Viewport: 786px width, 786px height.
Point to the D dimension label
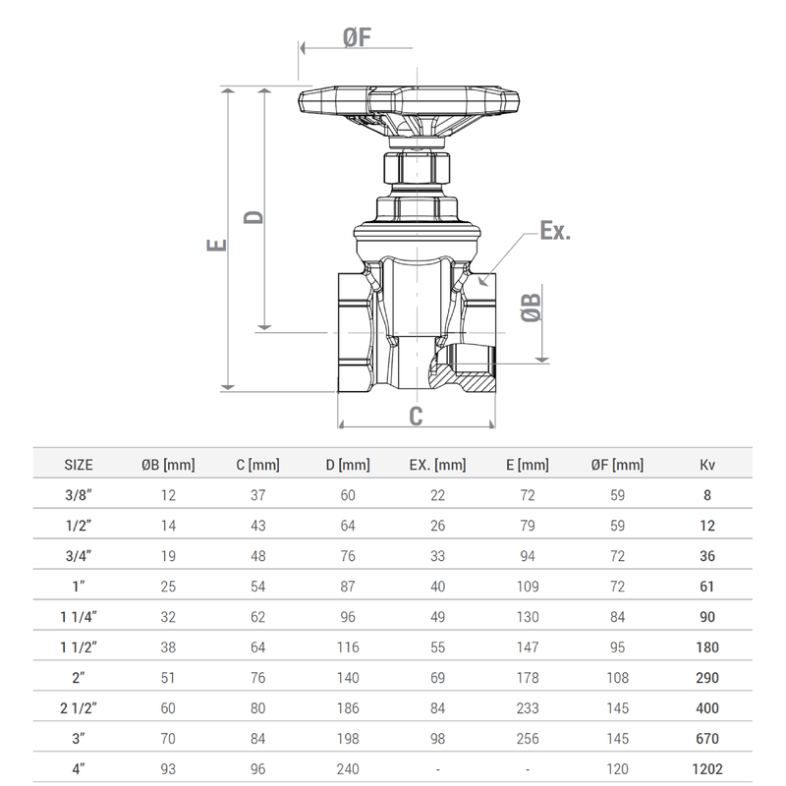point(253,215)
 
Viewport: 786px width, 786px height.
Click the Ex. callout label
point(555,232)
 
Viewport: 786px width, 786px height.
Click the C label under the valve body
point(416,417)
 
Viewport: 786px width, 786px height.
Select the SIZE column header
point(79,465)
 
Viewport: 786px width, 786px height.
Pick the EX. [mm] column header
point(437,465)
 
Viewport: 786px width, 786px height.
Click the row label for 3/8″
point(79,495)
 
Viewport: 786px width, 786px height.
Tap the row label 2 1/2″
point(79,708)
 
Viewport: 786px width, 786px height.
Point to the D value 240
point(348,769)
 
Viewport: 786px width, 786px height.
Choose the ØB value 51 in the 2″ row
point(168,678)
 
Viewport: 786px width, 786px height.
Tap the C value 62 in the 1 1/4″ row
point(258,617)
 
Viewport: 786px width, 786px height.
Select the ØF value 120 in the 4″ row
point(617,769)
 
